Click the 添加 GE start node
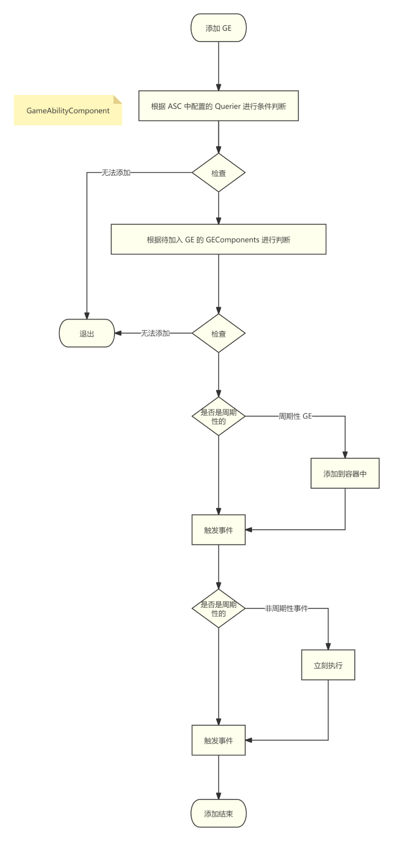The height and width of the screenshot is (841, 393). pyautogui.click(x=218, y=28)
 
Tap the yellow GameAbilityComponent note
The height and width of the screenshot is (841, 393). pyautogui.click(x=68, y=110)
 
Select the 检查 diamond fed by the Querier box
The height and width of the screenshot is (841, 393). pyautogui.click(x=218, y=173)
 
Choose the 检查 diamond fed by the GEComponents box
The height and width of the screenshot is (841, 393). pyautogui.click(x=218, y=333)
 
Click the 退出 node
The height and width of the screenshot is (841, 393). pyautogui.click(x=86, y=333)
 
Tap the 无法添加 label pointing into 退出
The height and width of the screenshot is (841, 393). pyautogui.click(x=155, y=333)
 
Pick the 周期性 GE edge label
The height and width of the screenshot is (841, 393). pyautogui.click(x=295, y=416)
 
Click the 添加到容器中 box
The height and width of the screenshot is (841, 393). pyautogui.click(x=345, y=474)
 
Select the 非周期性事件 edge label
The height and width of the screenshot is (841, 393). pyautogui.click(x=286, y=608)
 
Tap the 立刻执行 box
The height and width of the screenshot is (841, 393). pyautogui.click(x=328, y=665)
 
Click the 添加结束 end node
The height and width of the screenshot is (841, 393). pyautogui.click(x=218, y=813)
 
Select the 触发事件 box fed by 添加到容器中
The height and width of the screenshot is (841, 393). pyautogui.click(x=218, y=529)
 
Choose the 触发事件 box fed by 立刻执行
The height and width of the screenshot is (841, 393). pyautogui.click(x=218, y=740)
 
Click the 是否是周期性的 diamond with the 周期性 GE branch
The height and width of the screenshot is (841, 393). pyautogui.click(x=218, y=416)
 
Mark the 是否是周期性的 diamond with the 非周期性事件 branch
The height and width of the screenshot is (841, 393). pyautogui.click(x=218, y=608)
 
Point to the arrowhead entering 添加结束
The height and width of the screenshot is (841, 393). pyautogui.click(x=218, y=795)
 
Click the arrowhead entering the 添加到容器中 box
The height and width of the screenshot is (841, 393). pyautogui.click(x=345, y=456)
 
